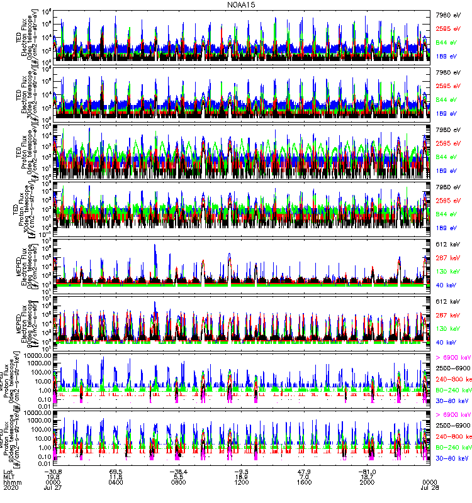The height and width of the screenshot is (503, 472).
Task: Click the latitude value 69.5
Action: pos(116,470)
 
